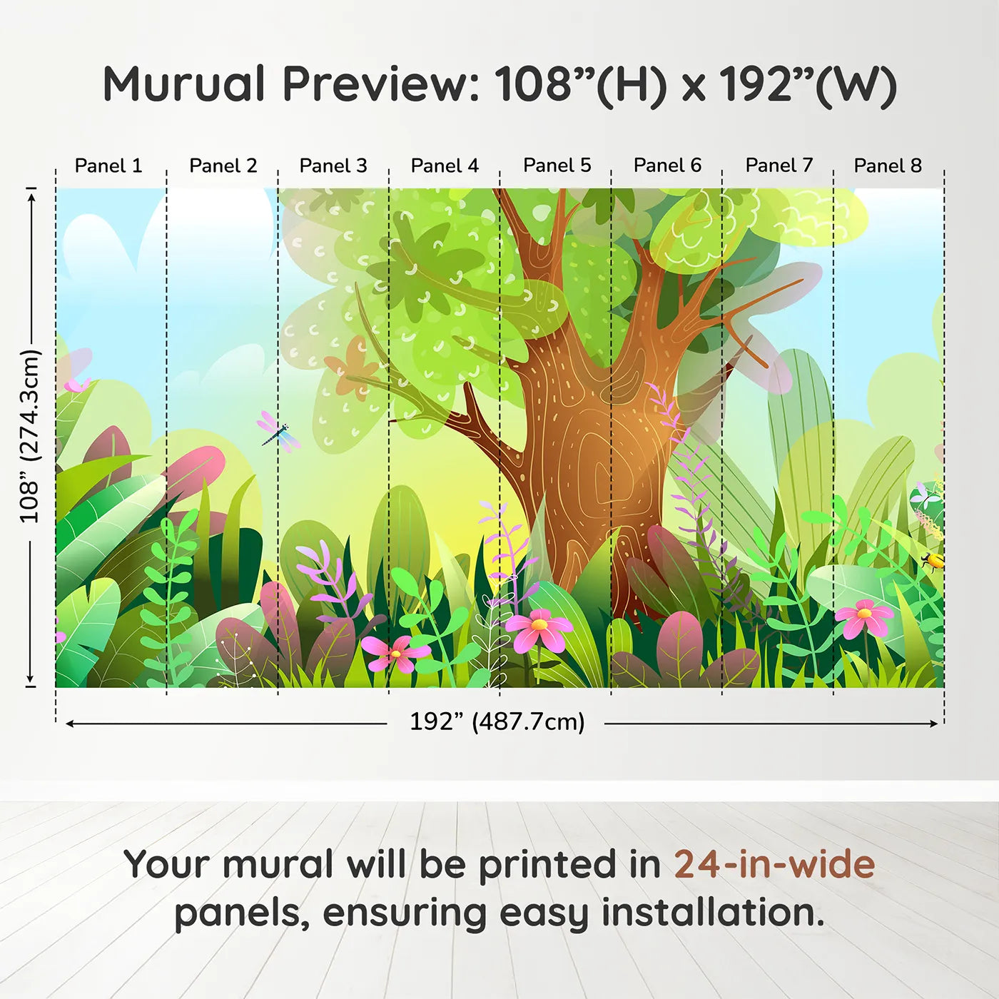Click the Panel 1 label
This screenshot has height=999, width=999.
(108, 166)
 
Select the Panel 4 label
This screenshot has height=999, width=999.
(445, 166)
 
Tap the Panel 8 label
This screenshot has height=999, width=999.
(888, 166)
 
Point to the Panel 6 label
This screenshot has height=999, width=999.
(667, 166)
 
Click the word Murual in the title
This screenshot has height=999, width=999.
(184, 84)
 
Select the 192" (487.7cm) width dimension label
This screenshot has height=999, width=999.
(497, 721)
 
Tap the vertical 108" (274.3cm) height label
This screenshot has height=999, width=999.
(30, 436)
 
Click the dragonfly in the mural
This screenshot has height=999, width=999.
(278, 432)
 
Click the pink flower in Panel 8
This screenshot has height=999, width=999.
(864, 617)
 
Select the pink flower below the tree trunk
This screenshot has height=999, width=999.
(539, 629)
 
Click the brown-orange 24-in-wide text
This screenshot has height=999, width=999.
(774, 865)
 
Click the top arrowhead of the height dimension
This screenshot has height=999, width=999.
(31, 194)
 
